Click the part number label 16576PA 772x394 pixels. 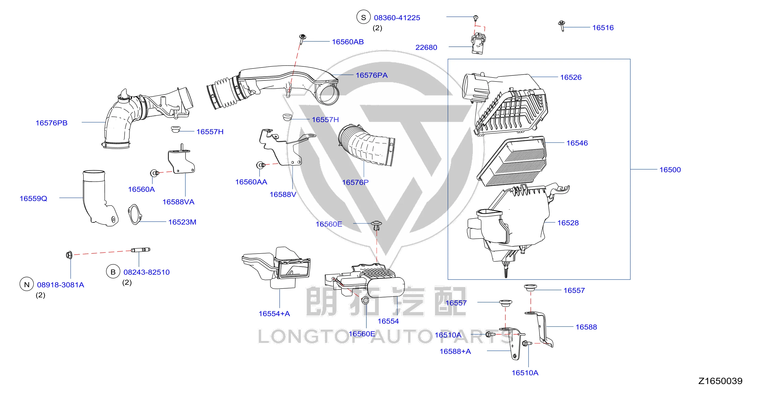372,75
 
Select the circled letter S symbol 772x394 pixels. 363,18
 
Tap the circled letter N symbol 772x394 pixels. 27,284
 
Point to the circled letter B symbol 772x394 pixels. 113,272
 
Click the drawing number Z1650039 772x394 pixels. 721,381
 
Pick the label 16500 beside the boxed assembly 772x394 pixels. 670,170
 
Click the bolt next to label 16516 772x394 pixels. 562,25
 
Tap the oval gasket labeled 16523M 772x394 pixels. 135,214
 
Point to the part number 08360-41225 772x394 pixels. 397,18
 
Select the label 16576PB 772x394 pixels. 51,123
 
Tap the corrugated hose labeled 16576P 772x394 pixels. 367,145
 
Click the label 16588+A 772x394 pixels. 455,352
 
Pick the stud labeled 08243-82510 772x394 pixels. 141,250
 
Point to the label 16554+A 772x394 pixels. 274,314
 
